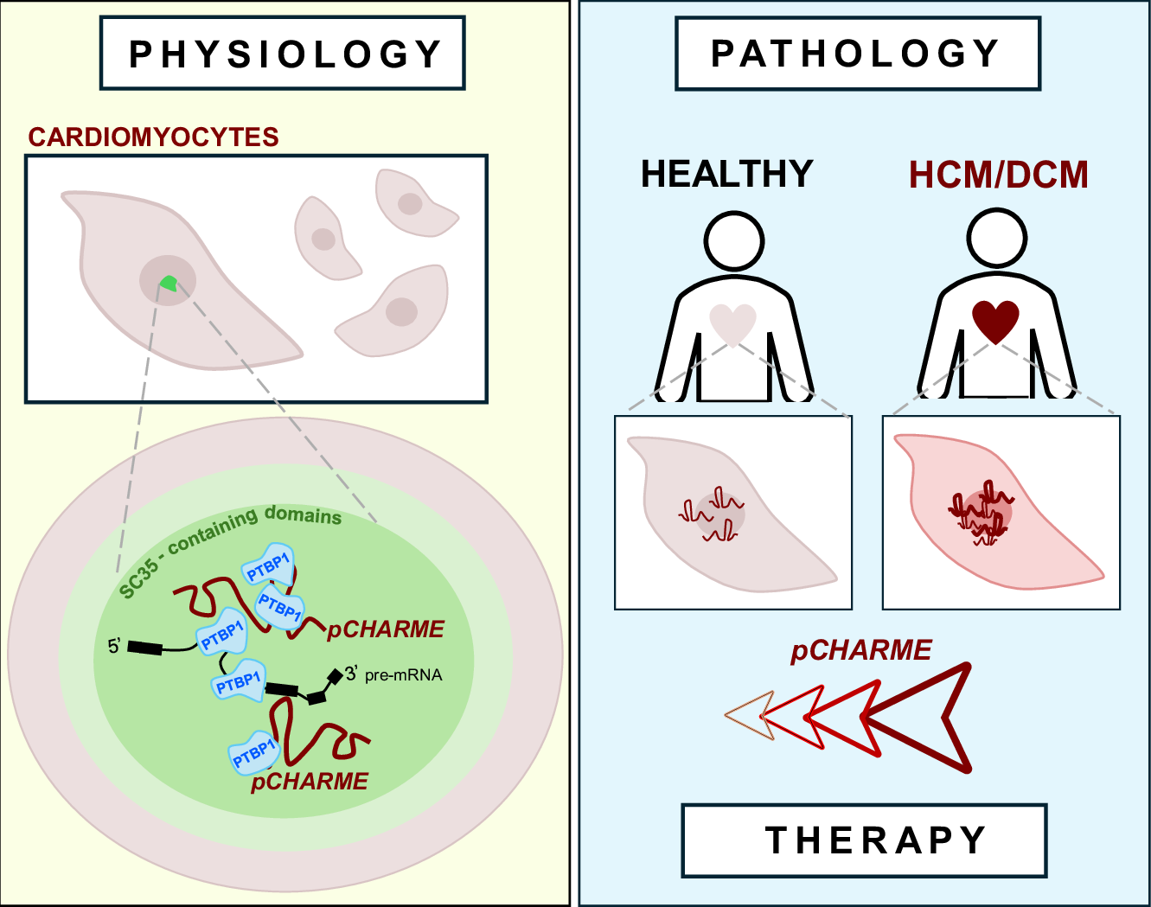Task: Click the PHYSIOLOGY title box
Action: click(283, 54)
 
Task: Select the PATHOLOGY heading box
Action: click(856, 54)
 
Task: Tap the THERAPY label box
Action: click(865, 840)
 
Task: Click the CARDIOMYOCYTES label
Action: click(154, 137)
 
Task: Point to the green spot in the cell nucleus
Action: click(168, 283)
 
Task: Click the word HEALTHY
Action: click(726, 174)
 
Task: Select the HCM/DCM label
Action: click(998, 175)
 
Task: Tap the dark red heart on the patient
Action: click(996, 321)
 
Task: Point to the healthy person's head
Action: click(734, 238)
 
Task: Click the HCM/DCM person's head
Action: click(997, 236)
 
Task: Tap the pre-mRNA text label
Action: click(403, 674)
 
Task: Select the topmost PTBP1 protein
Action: click(268, 566)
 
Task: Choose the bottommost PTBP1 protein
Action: click(253, 754)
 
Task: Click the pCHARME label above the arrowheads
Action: click(861, 650)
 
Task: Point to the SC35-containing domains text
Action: click(229, 545)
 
